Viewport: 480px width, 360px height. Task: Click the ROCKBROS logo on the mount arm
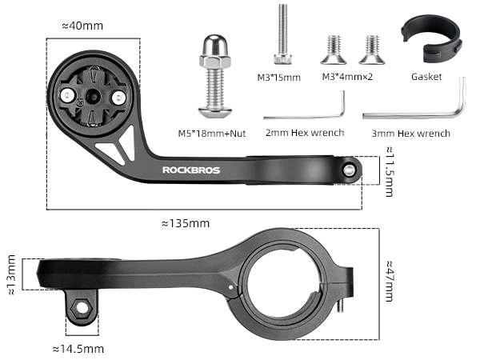coord(191,170)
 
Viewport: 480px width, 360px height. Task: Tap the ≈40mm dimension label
coord(82,26)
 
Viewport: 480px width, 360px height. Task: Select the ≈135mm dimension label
coord(186,223)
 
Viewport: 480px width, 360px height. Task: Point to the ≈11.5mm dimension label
coord(390,171)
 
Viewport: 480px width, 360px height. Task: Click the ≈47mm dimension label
coord(390,281)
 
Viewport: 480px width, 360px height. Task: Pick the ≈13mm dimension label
coord(11,274)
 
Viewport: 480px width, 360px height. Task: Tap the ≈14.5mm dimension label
coord(78,349)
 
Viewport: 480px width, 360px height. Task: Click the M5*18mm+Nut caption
coord(212,134)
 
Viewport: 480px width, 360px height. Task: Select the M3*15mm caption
coord(279,78)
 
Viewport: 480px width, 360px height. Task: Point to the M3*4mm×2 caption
coord(347,77)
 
